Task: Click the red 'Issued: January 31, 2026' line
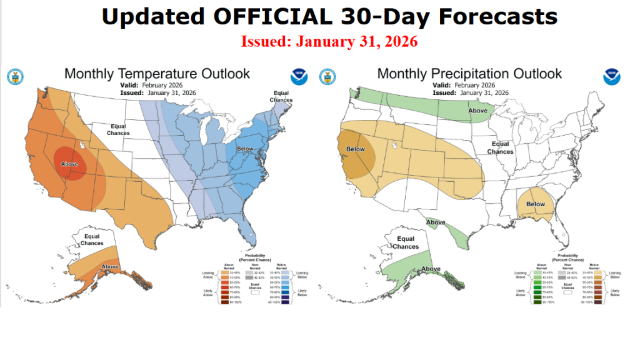329,42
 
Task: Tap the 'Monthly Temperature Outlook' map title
157,74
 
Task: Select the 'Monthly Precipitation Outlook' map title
469,74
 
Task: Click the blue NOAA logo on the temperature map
299,77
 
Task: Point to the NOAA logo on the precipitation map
612,77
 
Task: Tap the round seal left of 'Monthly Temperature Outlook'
15,77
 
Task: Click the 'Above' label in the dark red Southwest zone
69,164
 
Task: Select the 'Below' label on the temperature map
245,150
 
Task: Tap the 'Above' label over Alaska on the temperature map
110,267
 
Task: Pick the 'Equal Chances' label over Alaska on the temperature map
92,239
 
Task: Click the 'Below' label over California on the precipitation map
355,149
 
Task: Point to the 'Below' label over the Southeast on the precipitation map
536,204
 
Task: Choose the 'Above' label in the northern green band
478,111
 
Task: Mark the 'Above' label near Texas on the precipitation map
436,222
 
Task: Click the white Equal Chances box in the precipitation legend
567,291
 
